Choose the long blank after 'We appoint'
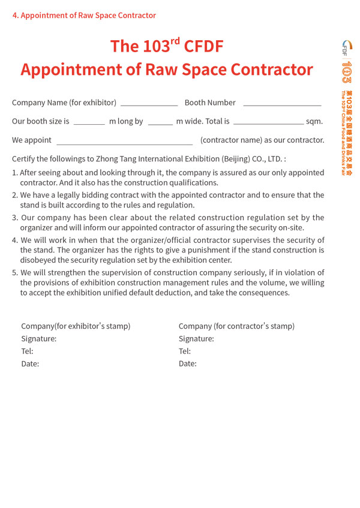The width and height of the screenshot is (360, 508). pyautogui.click(x=124, y=143)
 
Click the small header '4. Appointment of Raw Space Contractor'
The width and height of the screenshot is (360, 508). pyautogui.click(x=84, y=16)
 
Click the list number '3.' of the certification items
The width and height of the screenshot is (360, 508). pyautogui.click(x=16, y=218)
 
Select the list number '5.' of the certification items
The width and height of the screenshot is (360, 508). pyautogui.click(x=16, y=273)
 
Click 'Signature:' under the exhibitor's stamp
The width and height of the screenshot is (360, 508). pyautogui.click(x=39, y=339)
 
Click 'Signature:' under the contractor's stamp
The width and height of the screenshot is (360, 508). pyautogui.click(x=196, y=339)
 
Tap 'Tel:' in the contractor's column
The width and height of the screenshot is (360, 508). pyautogui.click(x=185, y=351)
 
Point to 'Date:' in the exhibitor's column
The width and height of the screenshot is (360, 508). pyautogui.click(x=30, y=364)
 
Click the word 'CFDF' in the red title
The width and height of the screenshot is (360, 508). pyautogui.click(x=205, y=46)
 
